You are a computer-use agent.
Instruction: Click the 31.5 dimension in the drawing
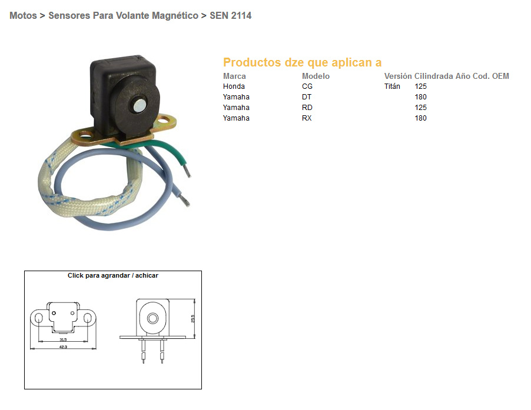62,339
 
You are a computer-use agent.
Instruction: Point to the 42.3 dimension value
62,347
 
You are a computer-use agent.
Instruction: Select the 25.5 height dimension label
193,318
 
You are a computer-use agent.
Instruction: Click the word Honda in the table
234,86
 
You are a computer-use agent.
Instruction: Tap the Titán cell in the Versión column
392,86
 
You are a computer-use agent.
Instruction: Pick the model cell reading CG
307,86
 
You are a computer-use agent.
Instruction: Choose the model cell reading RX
307,118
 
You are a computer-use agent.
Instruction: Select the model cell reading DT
307,97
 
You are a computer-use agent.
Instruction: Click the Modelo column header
316,76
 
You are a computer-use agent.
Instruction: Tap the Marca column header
234,76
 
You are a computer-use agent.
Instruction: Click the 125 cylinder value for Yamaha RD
420,108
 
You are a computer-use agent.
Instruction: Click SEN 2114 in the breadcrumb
231,16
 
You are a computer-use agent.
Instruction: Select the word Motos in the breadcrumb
23,16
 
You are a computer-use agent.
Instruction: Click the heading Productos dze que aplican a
302,62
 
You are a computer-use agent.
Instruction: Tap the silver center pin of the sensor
140,106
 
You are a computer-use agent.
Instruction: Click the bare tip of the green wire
187,172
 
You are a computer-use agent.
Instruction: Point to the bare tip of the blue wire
186,203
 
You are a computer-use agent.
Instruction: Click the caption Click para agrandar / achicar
113,275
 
